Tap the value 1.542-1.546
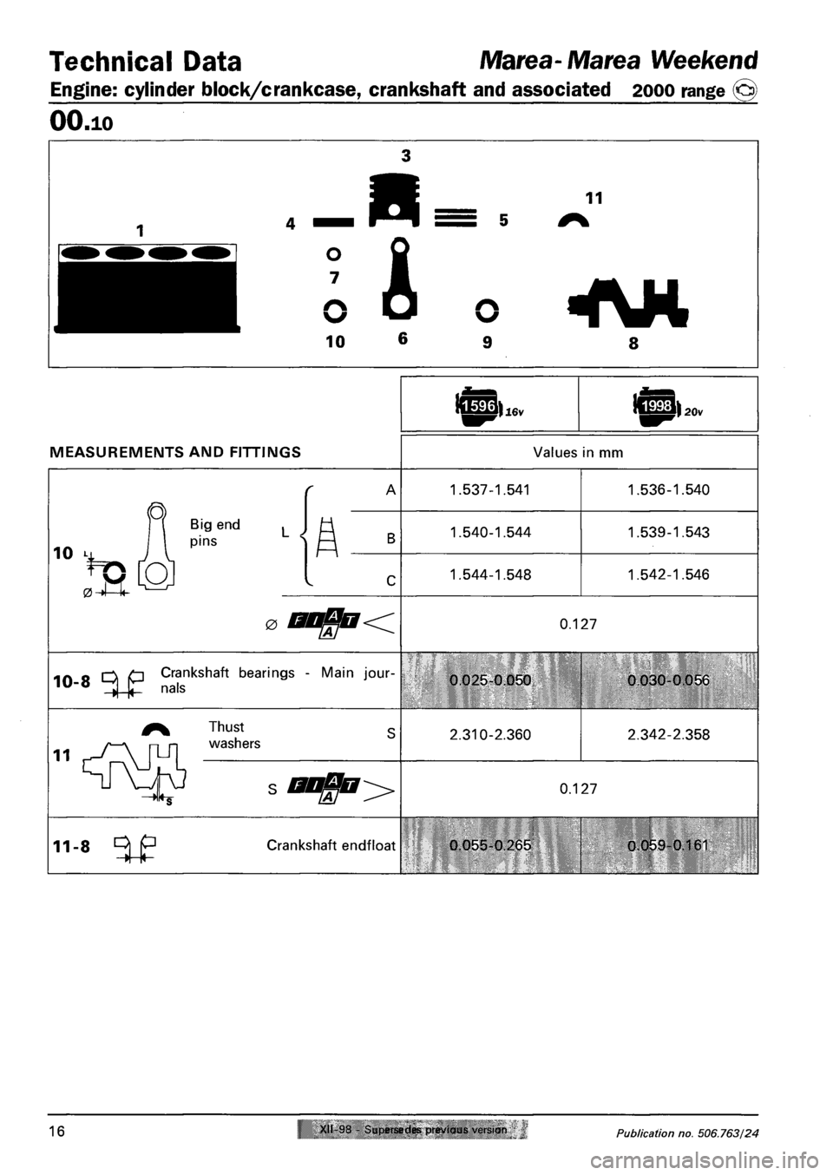(670, 574)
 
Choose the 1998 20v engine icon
(655, 405)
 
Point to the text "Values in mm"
(580, 452)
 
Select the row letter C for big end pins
(391, 575)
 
